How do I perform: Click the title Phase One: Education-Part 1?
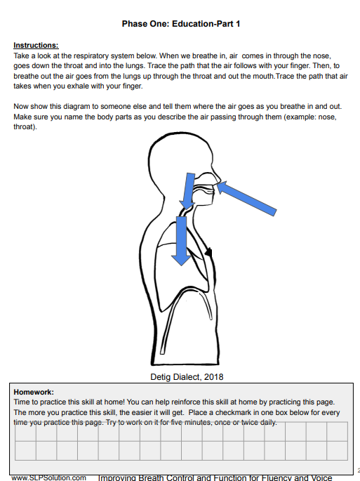coord(181,24)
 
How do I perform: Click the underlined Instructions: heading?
coord(36,46)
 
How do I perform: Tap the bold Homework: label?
coord(34,392)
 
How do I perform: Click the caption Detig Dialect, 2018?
coord(187,377)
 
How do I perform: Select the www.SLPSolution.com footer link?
coord(48,477)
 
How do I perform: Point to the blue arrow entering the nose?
coord(247,198)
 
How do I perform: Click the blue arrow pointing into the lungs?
coord(182,241)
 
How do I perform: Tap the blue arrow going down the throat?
coord(187,191)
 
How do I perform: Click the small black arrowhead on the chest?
coord(208,252)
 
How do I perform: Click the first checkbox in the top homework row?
coord(25,432)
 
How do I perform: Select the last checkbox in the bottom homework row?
coord(338,451)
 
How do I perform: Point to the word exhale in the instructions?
coord(68,86)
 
